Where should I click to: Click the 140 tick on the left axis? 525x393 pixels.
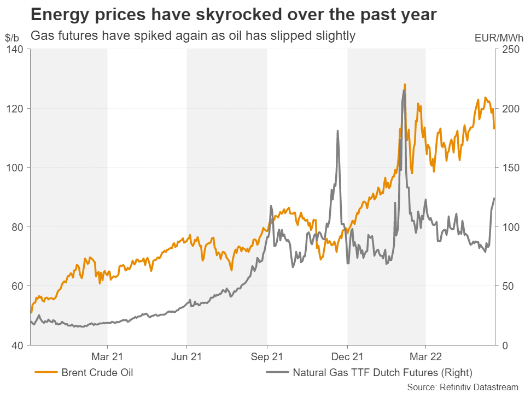click(16, 49)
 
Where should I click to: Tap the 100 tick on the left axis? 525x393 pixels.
click(16, 168)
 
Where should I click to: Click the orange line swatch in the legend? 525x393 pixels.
click(46, 373)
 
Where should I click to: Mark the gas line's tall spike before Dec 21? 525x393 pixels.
click(337, 131)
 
